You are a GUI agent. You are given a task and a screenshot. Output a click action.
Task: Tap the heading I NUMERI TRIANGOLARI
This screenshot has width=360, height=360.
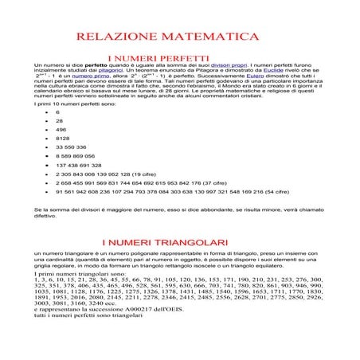tap(155, 241)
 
